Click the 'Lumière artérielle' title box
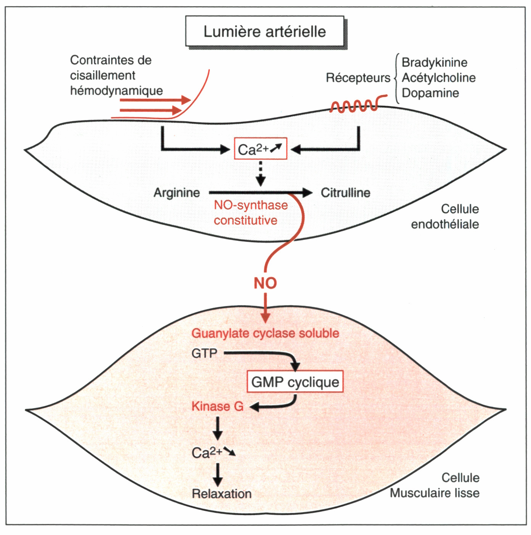click(x=265, y=31)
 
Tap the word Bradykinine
click(x=434, y=62)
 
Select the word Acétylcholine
click(x=439, y=78)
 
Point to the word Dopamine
click(x=430, y=93)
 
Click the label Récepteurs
click(x=358, y=78)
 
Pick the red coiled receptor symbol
click(x=355, y=106)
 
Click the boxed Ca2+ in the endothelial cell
click(x=260, y=149)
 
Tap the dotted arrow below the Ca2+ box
click(x=261, y=173)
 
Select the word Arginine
click(x=177, y=193)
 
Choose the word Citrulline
click(x=345, y=193)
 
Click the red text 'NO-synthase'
click(x=251, y=205)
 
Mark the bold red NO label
click(x=265, y=284)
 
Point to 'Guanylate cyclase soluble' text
click(x=265, y=333)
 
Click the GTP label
click(x=204, y=354)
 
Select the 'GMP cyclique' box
click(x=295, y=382)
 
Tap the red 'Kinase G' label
click(x=217, y=407)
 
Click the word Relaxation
click(x=222, y=494)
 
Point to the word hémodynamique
click(x=116, y=91)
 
